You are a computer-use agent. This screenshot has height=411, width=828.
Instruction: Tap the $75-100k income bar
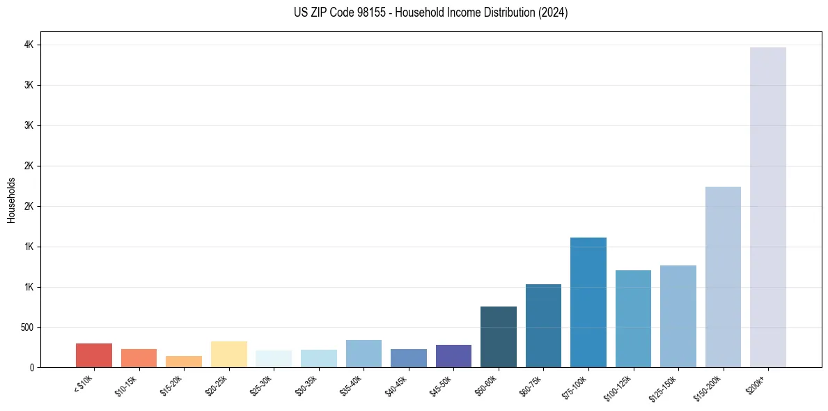tap(588, 302)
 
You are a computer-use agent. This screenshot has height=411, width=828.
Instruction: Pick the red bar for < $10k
tap(94, 355)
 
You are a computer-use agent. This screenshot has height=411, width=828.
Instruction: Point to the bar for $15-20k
tap(184, 362)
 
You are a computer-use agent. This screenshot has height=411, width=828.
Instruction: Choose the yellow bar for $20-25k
tap(228, 354)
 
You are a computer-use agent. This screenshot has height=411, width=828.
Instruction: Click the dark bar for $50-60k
tap(499, 336)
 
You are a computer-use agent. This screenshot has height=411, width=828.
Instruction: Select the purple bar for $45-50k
tap(453, 356)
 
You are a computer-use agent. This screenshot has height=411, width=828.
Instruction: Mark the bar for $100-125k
tap(633, 318)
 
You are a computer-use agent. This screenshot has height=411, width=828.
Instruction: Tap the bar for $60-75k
tap(543, 325)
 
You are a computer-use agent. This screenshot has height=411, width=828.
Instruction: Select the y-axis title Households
tap(12, 200)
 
